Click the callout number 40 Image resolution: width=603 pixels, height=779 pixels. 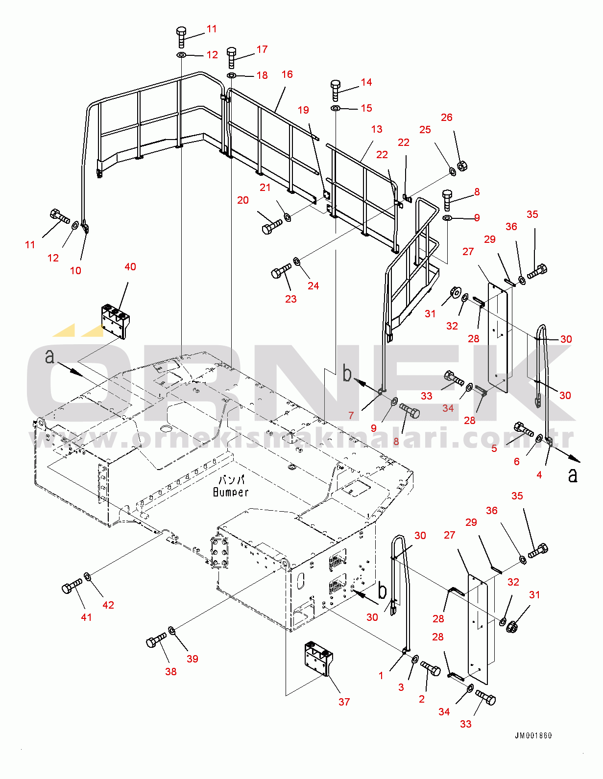[130, 267]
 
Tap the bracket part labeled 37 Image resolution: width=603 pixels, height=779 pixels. [318, 659]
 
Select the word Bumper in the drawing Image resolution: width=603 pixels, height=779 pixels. [231, 492]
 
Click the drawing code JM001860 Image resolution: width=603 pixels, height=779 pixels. [533, 735]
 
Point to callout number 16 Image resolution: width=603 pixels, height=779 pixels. [287, 74]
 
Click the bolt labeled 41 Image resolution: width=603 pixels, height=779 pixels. [72, 586]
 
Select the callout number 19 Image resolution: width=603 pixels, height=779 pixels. [303, 110]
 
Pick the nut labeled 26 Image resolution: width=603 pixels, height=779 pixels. [462, 166]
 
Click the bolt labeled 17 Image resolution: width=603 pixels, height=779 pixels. [232, 58]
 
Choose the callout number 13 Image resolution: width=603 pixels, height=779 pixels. [377, 129]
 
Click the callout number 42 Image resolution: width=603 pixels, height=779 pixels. [108, 605]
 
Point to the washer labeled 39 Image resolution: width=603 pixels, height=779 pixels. [172, 630]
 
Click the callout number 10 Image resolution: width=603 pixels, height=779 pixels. [75, 271]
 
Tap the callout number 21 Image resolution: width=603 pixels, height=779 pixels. [265, 188]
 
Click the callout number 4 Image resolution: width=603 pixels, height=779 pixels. [539, 475]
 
